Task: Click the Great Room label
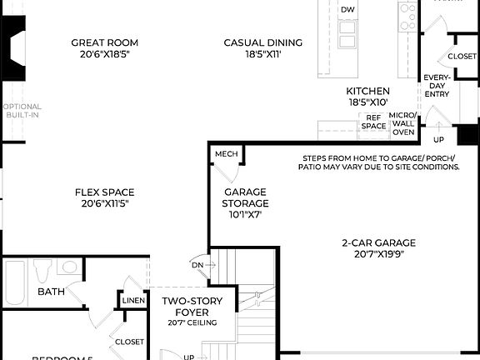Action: pos(104,42)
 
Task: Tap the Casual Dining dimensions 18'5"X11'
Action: pos(262,54)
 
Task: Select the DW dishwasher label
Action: pos(347,9)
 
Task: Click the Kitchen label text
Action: pos(368,91)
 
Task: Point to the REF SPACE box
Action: pos(374,122)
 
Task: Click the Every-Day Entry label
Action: pos(437,84)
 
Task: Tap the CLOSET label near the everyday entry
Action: pos(462,56)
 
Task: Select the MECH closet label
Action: pos(226,154)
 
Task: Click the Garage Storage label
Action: pos(245,197)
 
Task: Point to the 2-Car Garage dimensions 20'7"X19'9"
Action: pos(378,255)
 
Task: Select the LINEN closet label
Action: pos(133,300)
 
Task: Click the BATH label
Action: pos(52,292)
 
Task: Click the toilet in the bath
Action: pos(42,272)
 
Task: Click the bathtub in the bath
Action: pos(15,278)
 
